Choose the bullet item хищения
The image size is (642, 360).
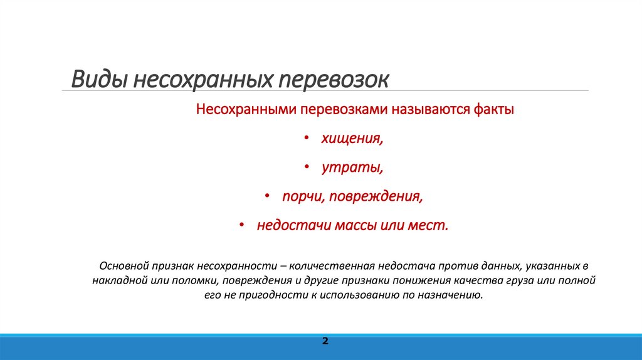click(352, 139)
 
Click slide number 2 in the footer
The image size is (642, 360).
click(325, 341)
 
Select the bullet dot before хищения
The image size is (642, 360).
click(306, 139)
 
